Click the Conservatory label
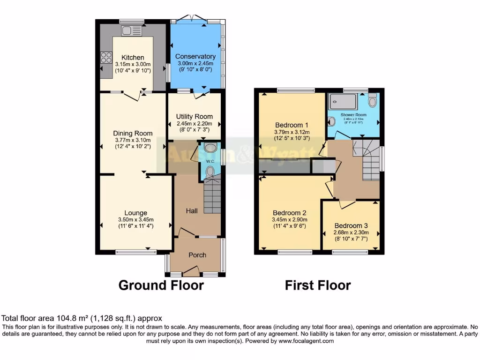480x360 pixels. (196, 57)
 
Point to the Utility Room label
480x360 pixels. (194, 116)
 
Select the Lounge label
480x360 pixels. (135, 213)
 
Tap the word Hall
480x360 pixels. (191, 211)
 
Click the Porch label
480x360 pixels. (197, 255)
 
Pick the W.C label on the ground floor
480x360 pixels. (210, 162)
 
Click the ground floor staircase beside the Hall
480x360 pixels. (212, 195)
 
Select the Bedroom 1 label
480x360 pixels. (291, 125)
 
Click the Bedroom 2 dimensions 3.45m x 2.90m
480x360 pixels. (289, 219)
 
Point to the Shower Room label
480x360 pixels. (353, 115)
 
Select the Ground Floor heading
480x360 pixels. (161, 285)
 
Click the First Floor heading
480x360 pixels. (317, 285)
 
